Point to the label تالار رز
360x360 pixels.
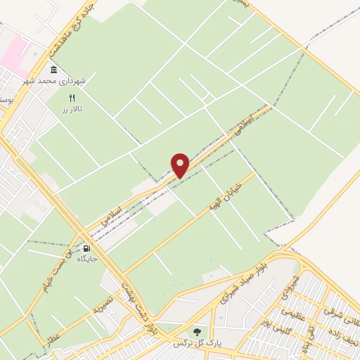pos(71,110)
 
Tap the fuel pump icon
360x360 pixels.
pos(87,247)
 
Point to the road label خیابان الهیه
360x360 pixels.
pos(227,193)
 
